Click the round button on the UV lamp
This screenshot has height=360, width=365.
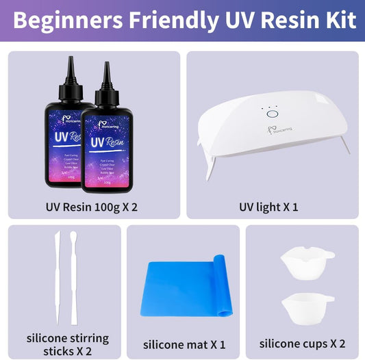click(272, 115)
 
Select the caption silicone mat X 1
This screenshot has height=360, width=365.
click(184, 345)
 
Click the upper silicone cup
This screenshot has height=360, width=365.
click(305, 261)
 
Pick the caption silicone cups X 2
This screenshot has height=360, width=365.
click(302, 345)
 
